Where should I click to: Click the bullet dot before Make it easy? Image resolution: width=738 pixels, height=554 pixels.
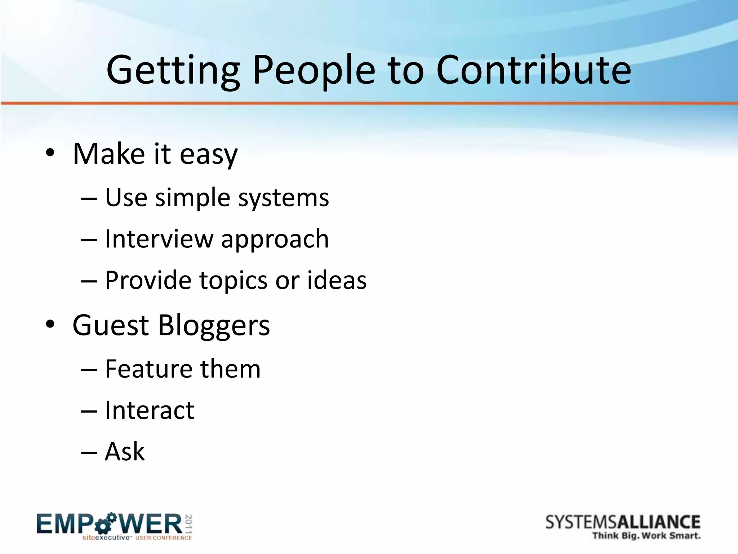pyautogui.click(x=50, y=153)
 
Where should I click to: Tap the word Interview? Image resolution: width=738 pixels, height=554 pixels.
pyautogui.click(x=159, y=239)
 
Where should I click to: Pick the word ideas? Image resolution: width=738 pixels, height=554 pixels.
pyautogui.click(x=337, y=280)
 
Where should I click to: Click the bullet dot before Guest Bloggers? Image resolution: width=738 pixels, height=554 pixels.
pyautogui.click(x=50, y=324)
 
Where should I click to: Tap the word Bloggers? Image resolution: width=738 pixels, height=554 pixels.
pyautogui.click(x=214, y=325)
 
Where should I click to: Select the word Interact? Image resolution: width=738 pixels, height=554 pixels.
pyautogui.click(x=149, y=410)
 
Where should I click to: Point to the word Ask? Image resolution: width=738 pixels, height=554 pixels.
pyautogui.click(x=125, y=452)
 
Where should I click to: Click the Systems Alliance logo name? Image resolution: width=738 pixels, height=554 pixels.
pyautogui.click(x=623, y=522)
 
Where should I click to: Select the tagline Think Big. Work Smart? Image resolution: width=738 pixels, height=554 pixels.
pyautogui.click(x=646, y=536)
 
